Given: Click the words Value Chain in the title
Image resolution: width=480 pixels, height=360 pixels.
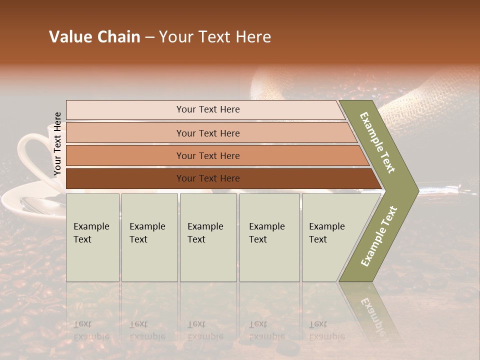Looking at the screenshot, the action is pyautogui.click(x=94, y=37).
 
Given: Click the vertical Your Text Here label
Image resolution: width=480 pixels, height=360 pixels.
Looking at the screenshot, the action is pyautogui.click(x=57, y=144).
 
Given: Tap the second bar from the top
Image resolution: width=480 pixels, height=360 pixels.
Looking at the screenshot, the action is pyautogui.click(x=208, y=133).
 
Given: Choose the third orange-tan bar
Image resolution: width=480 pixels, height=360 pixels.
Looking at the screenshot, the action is pyautogui.click(x=208, y=155).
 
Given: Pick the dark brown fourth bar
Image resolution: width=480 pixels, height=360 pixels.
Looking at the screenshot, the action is pyautogui.click(x=208, y=178).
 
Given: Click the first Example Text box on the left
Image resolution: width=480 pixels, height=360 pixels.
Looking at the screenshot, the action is pyautogui.click(x=92, y=237).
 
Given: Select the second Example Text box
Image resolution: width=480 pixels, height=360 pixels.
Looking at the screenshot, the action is pyautogui.click(x=149, y=237).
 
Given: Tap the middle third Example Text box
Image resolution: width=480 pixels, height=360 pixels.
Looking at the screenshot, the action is pyautogui.click(x=208, y=237).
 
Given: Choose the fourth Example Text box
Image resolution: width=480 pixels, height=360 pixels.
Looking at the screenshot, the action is pyautogui.click(x=269, y=237).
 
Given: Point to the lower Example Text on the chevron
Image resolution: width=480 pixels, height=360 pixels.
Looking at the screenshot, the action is pyautogui.click(x=379, y=236).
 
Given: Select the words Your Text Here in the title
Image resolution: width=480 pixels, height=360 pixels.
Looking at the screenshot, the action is pyautogui.click(x=215, y=37).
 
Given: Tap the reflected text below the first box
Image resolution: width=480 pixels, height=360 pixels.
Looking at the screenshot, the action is pyautogui.click(x=91, y=330).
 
